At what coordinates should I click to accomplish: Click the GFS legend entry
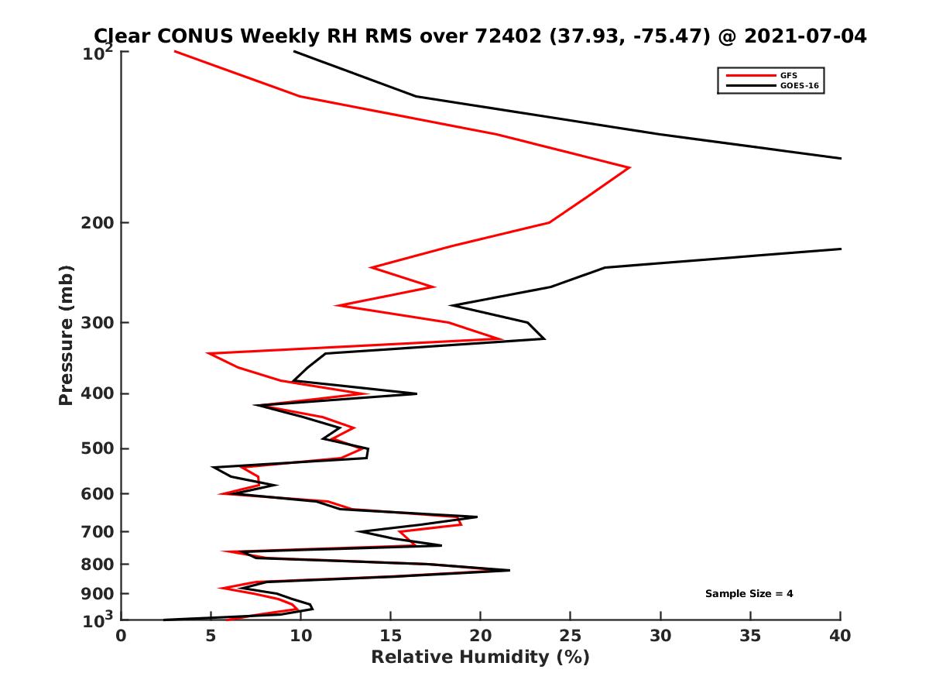click(790, 76)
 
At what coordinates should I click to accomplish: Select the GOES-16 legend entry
click(797, 85)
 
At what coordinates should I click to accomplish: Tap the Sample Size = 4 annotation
click(749, 594)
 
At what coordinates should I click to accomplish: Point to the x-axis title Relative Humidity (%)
click(480, 658)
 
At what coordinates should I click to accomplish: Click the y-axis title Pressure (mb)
click(66, 335)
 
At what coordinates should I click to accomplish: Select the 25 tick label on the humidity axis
click(570, 636)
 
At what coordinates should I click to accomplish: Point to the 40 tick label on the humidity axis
click(840, 636)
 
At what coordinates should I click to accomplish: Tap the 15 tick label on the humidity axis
click(390, 636)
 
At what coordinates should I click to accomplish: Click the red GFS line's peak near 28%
click(629, 167)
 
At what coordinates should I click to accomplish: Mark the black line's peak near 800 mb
click(509, 570)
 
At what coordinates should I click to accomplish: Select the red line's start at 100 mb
click(175, 52)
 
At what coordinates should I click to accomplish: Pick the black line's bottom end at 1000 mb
click(165, 620)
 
